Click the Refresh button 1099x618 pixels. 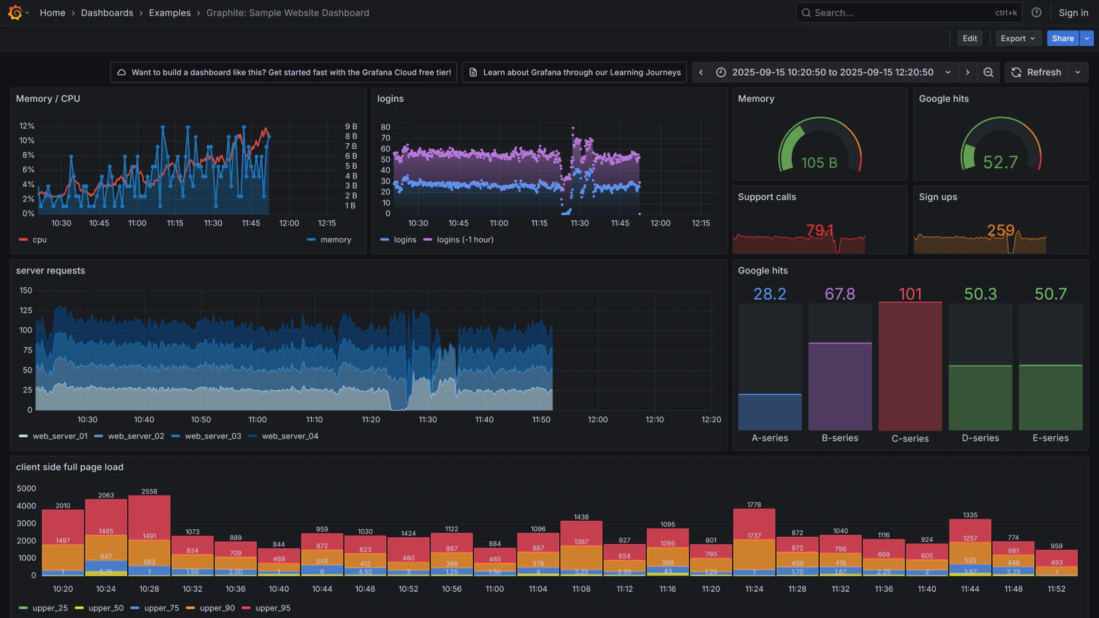[1036, 72]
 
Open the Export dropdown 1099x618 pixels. [1018, 38]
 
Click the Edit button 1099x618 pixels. [970, 38]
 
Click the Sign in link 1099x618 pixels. [1073, 13]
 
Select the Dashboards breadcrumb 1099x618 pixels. [107, 13]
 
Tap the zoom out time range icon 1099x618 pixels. [988, 72]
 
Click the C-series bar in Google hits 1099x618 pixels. [910, 366]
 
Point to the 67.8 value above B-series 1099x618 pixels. [840, 294]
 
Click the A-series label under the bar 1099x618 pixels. [769, 438]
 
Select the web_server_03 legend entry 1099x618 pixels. [213, 436]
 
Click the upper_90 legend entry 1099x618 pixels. [217, 608]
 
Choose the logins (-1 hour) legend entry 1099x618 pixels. [465, 240]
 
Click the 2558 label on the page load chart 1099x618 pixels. [149, 492]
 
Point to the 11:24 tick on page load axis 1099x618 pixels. [754, 589]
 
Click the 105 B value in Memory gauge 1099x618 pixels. [819, 163]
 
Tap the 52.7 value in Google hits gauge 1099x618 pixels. [1000, 163]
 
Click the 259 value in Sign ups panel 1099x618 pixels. [1000, 230]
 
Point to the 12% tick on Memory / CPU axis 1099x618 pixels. [27, 126]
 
